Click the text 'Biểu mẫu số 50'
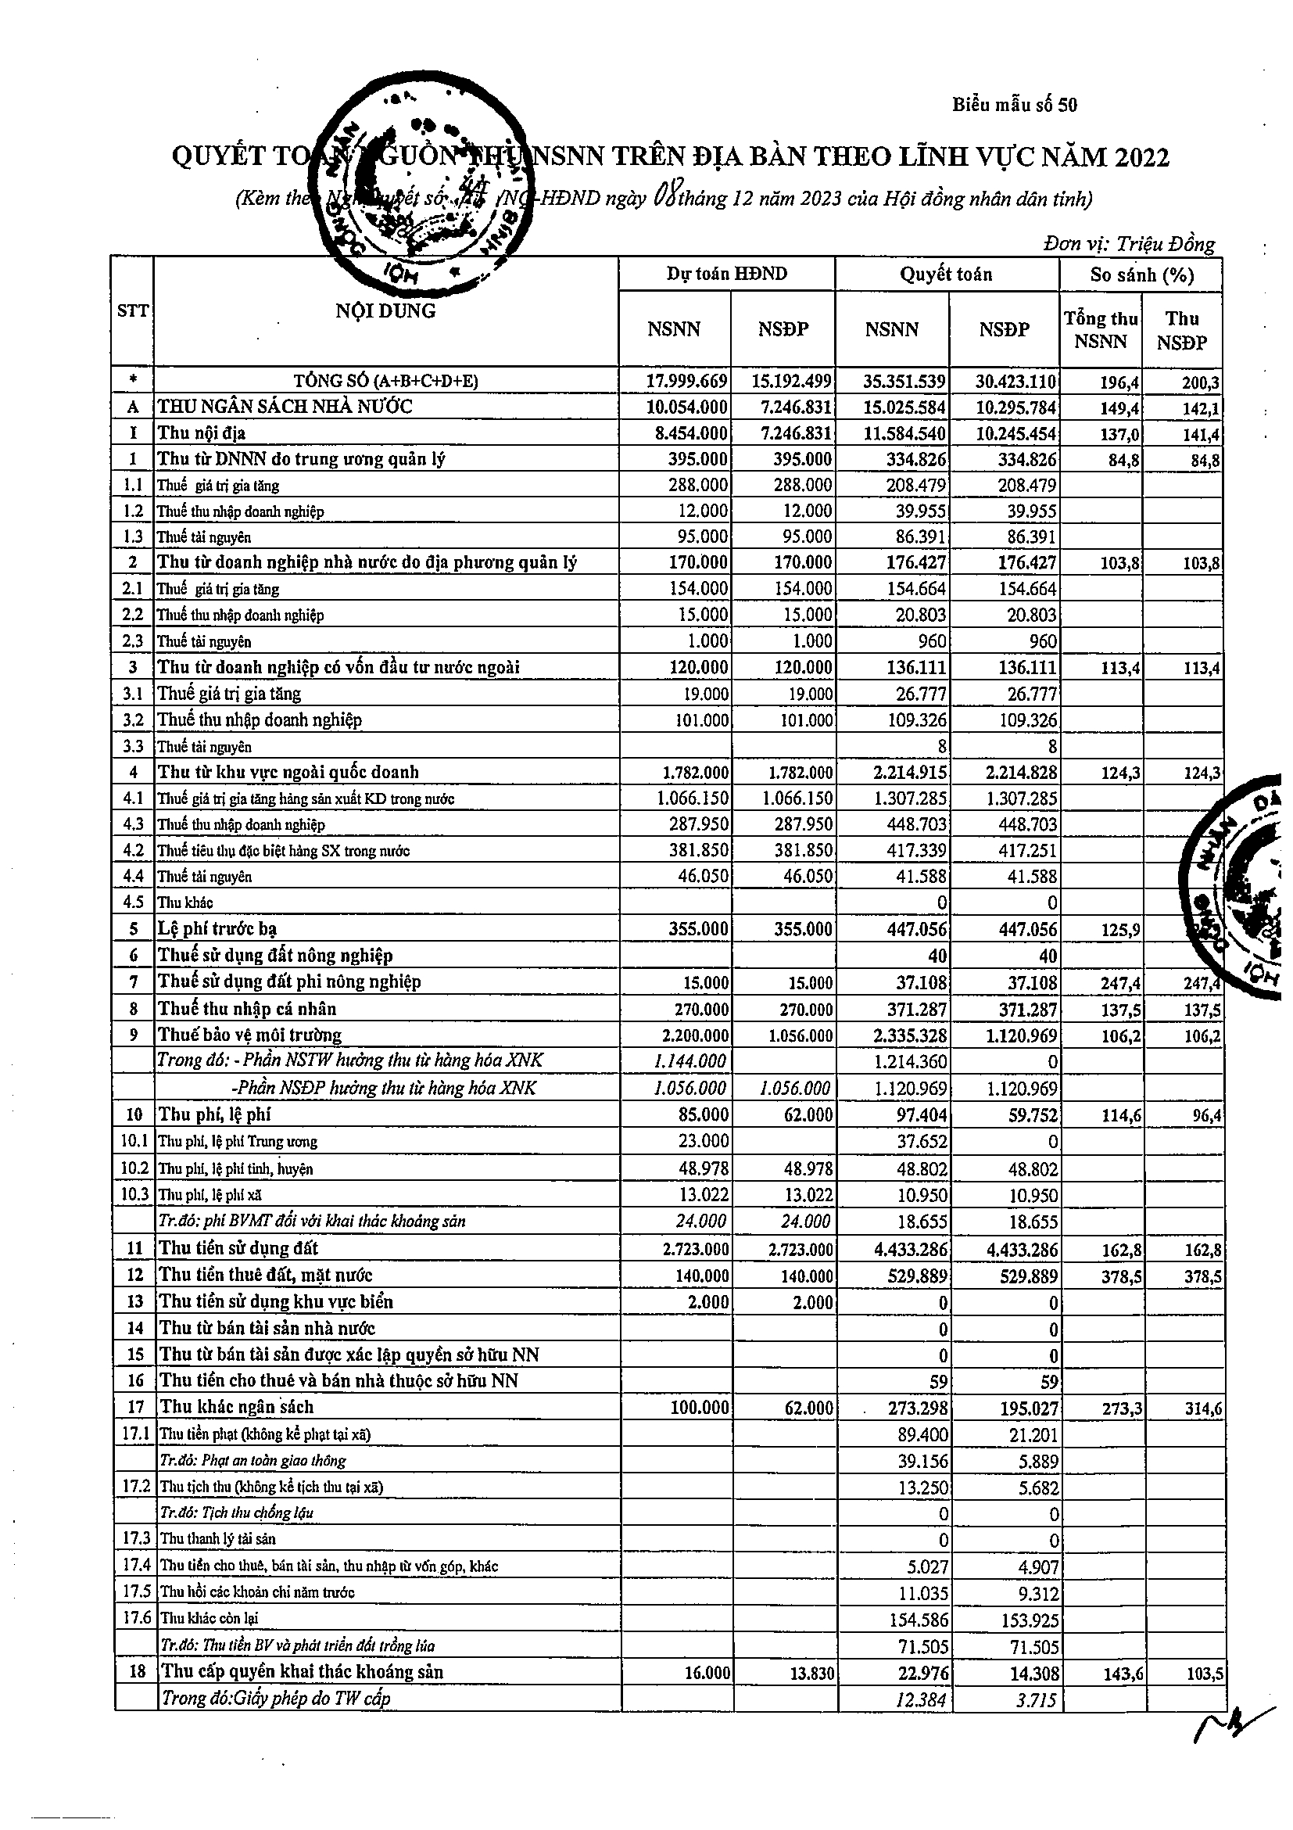click(1014, 105)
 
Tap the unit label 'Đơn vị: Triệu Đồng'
click(1129, 244)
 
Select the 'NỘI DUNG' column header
click(385, 310)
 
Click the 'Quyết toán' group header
click(946, 274)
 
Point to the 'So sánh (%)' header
click(1141, 275)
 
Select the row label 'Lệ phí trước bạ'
click(217, 928)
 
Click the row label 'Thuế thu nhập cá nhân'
click(247, 1009)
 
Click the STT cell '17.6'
click(136, 1618)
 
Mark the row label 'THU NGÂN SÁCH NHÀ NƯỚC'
click(285, 407)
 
